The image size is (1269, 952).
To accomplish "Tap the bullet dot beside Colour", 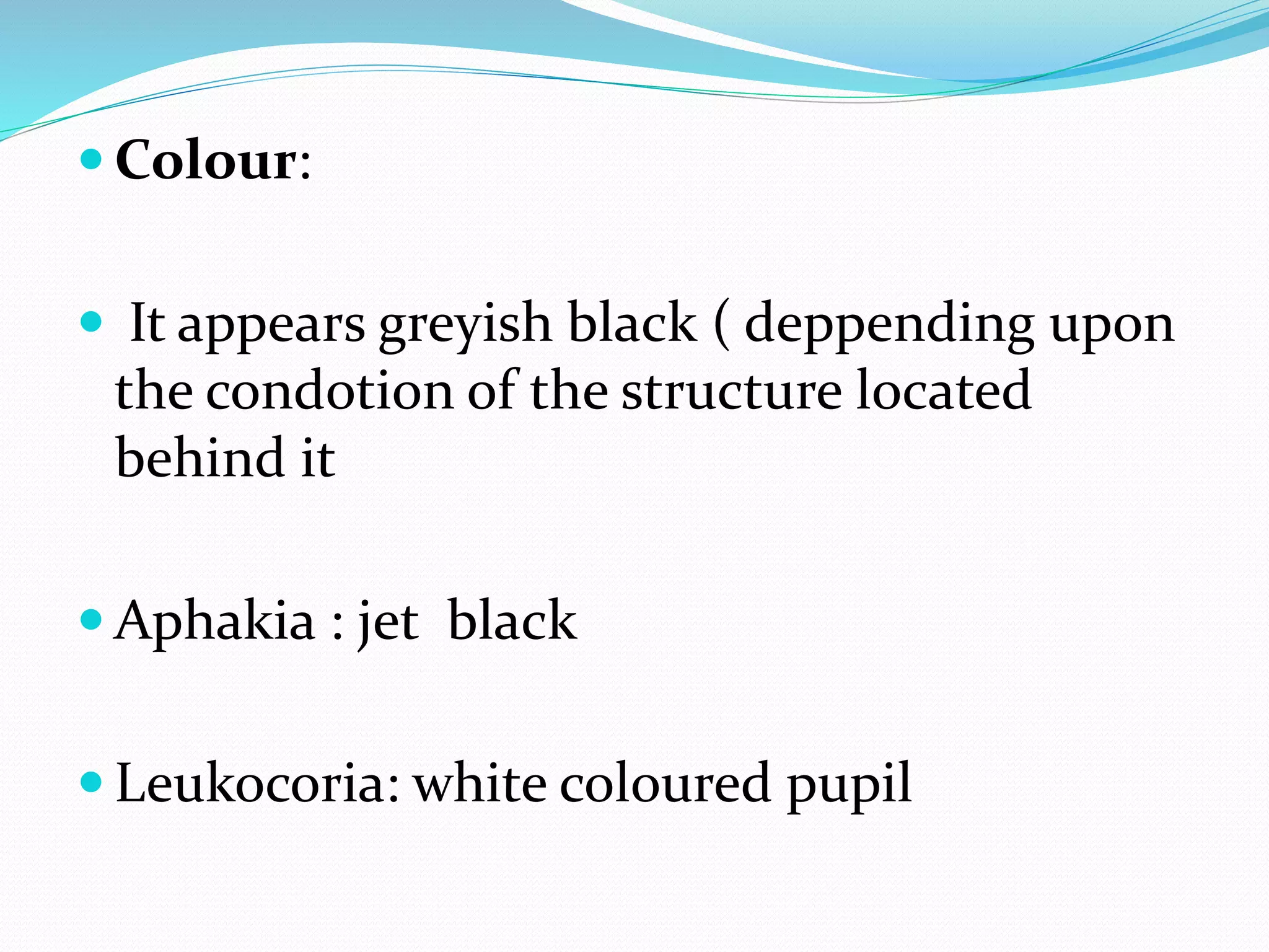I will (91, 159).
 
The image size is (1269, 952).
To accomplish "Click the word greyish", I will (465, 325).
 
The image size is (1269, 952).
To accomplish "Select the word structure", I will (732, 392).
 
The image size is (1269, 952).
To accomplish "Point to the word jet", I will (389, 622).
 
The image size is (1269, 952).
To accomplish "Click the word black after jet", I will (512, 620).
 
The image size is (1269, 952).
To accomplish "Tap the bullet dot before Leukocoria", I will (91, 782).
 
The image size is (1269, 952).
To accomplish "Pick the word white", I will (480, 783).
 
